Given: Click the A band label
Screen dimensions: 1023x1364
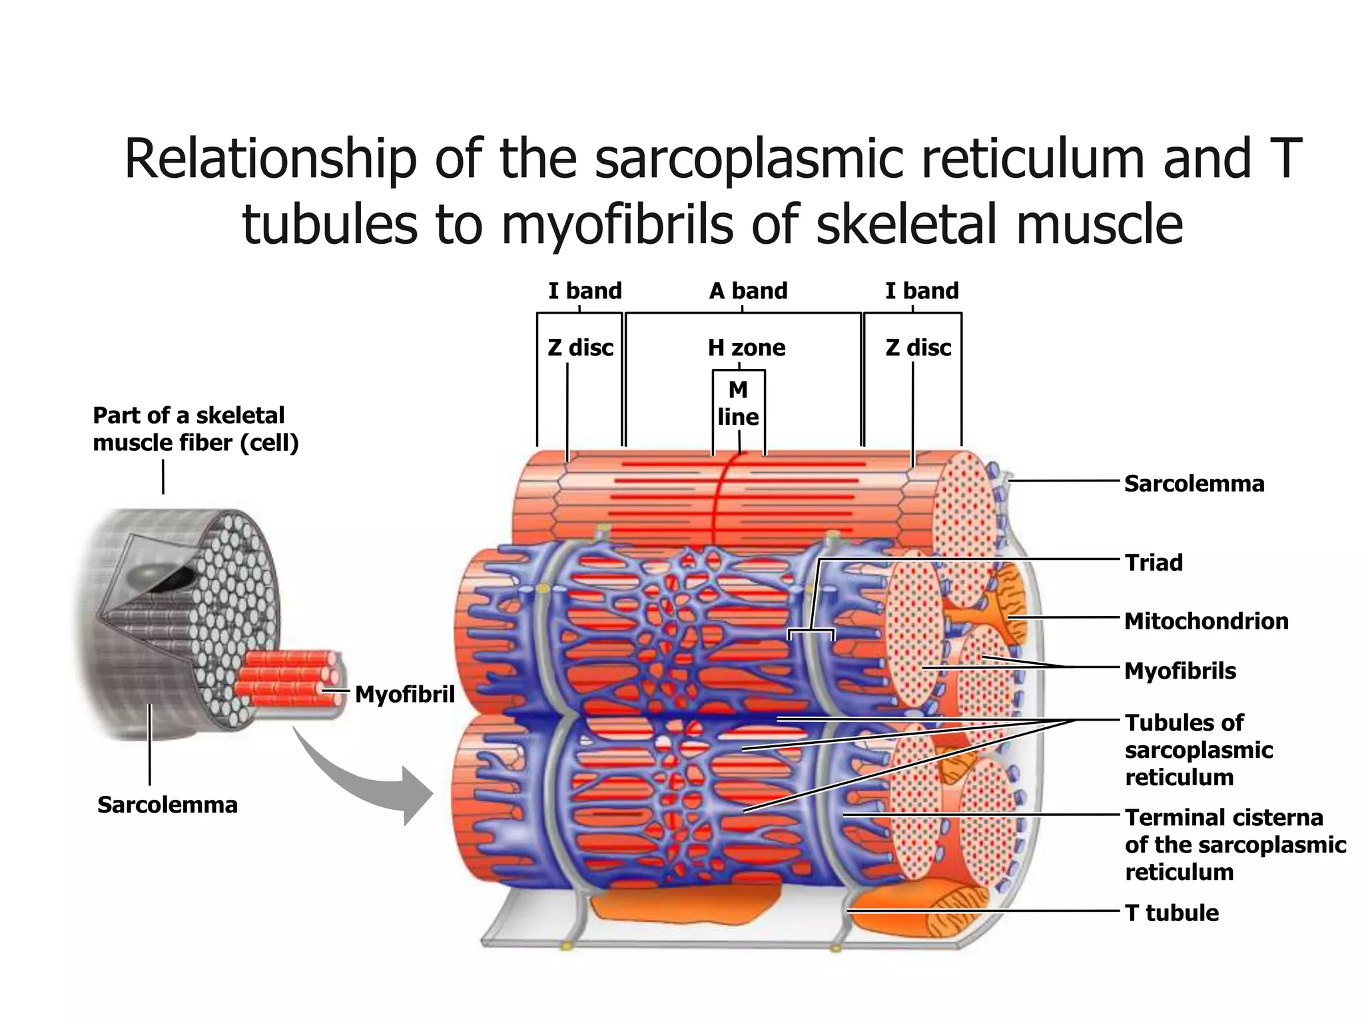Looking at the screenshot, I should (x=748, y=291).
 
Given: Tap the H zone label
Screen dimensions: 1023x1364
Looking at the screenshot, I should (x=746, y=348).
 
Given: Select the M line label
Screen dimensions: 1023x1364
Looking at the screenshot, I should (x=738, y=403).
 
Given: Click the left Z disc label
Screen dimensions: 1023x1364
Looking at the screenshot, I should (x=580, y=348).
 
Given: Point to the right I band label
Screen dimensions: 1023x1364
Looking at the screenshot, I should (x=922, y=291).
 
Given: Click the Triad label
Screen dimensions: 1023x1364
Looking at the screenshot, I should (x=1154, y=563).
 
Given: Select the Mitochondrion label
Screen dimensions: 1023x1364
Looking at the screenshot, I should (x=1206, y=621).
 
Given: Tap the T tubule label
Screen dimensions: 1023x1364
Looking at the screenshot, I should (x=1172, y=912).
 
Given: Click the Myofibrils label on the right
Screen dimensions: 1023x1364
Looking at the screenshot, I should (x=1180, y=671).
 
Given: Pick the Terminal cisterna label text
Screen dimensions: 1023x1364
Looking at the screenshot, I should (x=1235, y=845).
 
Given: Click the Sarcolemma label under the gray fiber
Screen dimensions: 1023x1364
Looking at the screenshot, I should (x=167, y=805).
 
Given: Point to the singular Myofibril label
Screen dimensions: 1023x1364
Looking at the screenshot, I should (x=404, y=695).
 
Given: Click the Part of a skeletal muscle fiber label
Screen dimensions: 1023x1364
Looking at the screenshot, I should (x=195, y=429).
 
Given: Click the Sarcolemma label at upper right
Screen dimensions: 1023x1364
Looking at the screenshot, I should (x=1193, y=484).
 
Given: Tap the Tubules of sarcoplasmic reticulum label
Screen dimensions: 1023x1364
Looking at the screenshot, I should (x=1198, y=750).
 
